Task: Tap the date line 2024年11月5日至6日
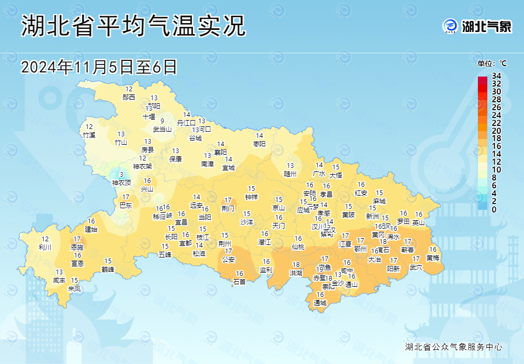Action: [99, 67]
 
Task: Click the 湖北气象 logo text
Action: [486, 26]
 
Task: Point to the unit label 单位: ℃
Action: [492, 63]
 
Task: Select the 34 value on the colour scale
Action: [496, 76]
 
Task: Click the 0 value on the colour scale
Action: [494, 209]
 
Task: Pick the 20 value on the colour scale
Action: [496, 131]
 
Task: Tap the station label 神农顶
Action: [122, 183]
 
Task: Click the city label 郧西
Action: [129, 97]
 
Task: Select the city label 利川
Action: [45, 247]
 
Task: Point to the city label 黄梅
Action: [433, 258]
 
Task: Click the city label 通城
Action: [320, 303]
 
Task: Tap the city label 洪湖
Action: [296, 273]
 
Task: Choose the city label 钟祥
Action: [252, 197]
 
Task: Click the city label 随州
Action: [290, 174]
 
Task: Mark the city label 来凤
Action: [74, 288]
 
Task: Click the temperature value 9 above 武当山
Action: [162, 121]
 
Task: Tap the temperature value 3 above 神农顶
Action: [122, 175]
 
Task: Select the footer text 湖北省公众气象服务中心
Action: [454, 347]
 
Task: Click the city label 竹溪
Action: [89, 135]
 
